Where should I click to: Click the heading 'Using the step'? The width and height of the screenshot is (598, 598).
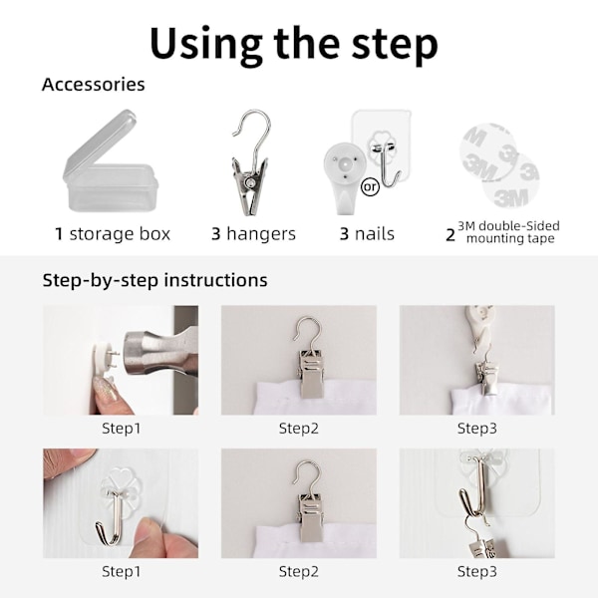[294, 46]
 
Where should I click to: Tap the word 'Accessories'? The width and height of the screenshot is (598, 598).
[93, 85]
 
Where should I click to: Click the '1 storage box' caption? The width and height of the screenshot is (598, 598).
[113, 234]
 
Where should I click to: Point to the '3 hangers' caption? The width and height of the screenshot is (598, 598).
[253, 234]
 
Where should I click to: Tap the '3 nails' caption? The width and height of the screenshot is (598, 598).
[367, 234]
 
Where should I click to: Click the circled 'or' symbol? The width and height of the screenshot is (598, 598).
[370, 187]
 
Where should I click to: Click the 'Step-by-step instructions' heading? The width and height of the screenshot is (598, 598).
[154, 280]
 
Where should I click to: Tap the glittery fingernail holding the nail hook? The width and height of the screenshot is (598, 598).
[106, 389]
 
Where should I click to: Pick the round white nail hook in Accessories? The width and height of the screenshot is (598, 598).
[344, 177]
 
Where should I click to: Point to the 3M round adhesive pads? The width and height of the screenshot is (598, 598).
[499, 165]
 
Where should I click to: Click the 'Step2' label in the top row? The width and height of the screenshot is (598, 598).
[299, 429]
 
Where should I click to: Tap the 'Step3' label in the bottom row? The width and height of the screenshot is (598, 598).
[477, 571]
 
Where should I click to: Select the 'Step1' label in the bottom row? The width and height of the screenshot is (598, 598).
[121, 571]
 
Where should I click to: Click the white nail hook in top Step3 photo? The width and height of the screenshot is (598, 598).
[480, 328]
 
